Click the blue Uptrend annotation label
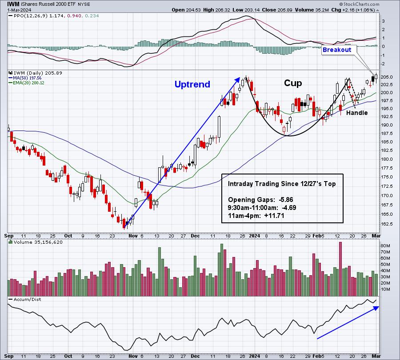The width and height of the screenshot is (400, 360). point(192,84)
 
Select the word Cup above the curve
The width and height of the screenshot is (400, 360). point(293,83)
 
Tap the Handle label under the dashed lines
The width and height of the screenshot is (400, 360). point(357,113)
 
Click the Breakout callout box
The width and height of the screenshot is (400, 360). point(337,50)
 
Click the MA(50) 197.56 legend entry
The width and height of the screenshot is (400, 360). point(27,78)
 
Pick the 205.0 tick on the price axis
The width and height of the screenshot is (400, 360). point(387,77)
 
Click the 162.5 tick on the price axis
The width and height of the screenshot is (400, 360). point(387,225)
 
